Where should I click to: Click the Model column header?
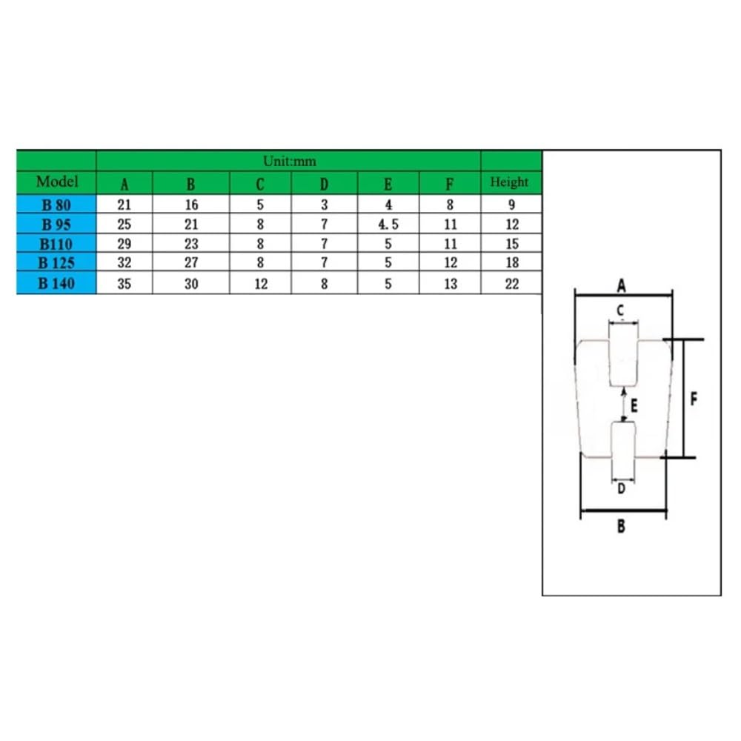click(x=57, y=182)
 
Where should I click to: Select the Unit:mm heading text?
click(x=289, y=161)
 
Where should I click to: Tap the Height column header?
click(x=509, y=182)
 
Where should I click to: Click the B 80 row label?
click(x=56, y=205)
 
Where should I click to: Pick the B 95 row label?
click(x=56, y=225)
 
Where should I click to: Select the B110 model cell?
click(x=56, y=244)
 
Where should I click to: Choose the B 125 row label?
click(x=56, y=262)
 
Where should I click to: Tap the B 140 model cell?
click(x=56, y=283)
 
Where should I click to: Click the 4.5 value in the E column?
click(x=388, y=225)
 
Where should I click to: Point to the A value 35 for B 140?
click(x=124, y=284)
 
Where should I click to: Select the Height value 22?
click(x=512, y=284)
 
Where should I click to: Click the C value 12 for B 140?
click(x=261, y=284)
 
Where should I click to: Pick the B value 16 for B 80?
click(x=191, y=205)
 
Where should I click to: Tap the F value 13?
click(x=451, y=284)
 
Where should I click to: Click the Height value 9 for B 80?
click(x=512, y=205)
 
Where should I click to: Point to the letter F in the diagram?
click(x=694, y=399)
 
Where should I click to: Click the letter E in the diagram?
click(x=634, y=405)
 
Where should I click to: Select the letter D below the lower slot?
click(x=622, y=488)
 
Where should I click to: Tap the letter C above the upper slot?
click(x=620, y=310)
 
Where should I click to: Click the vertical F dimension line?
click(x=683, y=399)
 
